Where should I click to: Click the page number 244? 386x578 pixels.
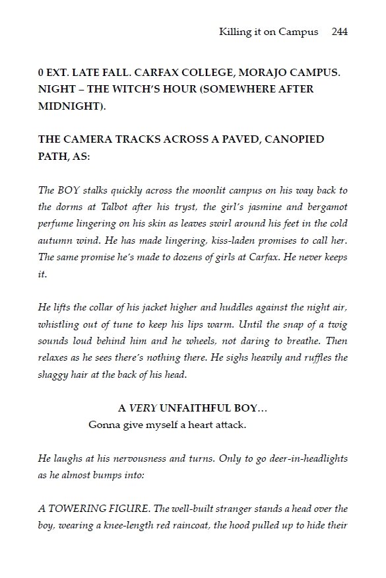click(x=340, y=32)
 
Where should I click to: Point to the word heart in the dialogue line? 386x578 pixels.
click(x=201, y=424)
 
